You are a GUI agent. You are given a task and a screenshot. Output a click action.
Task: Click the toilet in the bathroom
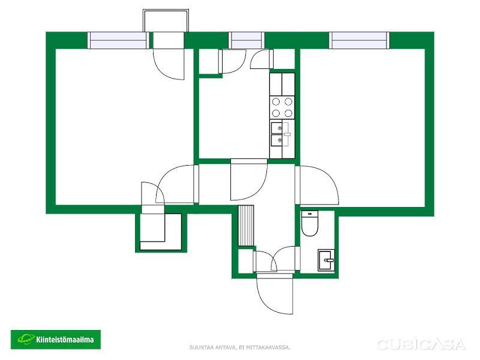310,223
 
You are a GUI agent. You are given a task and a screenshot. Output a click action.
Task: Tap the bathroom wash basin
326,260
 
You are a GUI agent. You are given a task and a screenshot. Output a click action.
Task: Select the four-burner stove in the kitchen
282,107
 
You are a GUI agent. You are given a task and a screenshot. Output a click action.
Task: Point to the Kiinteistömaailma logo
56,339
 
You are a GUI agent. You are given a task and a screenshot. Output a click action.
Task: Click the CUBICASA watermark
421,344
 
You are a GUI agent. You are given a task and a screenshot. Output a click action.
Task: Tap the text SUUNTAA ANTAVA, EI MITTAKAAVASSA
240,347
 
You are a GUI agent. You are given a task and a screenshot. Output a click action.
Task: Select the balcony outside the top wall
166,20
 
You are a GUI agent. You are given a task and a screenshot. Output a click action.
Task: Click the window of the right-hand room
359,40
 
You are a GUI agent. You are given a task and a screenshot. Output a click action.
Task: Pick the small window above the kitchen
247,40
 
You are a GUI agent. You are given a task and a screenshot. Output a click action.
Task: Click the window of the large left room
118,40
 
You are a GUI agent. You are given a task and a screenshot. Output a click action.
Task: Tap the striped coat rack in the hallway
246,226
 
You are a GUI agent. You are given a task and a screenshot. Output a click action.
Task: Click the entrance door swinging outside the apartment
275,293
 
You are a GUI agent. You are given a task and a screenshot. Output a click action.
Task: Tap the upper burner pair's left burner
276,101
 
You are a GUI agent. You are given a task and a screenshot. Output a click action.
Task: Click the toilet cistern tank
310,214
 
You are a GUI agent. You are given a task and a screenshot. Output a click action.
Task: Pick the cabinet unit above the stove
282,84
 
